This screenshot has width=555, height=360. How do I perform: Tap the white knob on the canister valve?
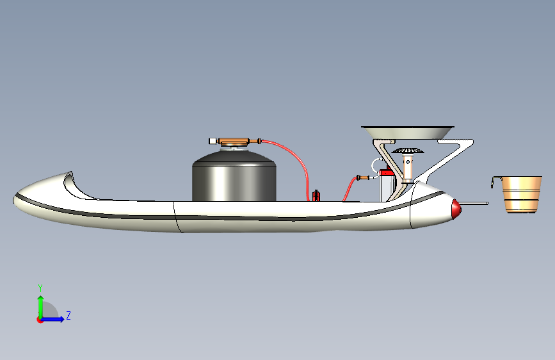coord(213,141)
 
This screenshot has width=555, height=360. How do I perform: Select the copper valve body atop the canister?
coord(234,142)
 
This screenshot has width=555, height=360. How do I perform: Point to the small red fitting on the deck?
coord(316,195)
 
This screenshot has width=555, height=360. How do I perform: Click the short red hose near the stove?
coord(350,188)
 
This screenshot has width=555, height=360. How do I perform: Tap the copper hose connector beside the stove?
coord(363,177)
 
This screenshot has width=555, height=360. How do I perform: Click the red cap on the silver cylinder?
coord(387,172)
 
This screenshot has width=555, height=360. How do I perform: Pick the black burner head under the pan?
coord(408,151)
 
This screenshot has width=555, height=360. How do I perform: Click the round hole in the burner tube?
coord(408,162)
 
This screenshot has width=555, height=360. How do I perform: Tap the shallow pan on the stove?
coord(408,132)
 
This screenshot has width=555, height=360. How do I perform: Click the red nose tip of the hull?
coord(456,208)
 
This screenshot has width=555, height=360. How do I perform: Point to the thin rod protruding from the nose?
coord(474,204)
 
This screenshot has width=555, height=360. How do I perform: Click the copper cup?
coord(521,194)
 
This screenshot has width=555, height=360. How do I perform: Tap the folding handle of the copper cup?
coord(495,181)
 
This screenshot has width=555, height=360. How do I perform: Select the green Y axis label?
coord(40,288)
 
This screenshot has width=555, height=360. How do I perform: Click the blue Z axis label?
coord(68,315)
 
